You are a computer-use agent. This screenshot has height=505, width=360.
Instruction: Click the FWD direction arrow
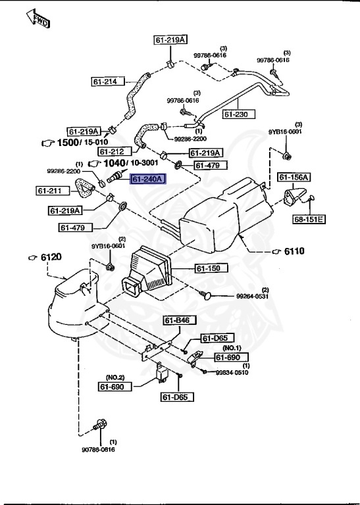pos(38,19)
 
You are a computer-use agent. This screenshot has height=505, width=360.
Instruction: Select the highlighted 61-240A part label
pos(148,179)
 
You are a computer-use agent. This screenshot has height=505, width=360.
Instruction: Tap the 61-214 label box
pos(108,81)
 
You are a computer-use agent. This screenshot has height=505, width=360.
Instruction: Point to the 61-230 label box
pos(239,114)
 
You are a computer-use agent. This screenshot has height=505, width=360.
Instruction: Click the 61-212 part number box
pos(115,151)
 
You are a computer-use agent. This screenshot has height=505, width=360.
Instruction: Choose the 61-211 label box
pos(53,191)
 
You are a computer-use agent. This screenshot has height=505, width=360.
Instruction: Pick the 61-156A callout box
pos(294,177)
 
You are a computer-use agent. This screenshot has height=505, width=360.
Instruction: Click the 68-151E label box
pos(309,220)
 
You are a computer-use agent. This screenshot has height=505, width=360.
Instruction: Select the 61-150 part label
pos(212,268)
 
